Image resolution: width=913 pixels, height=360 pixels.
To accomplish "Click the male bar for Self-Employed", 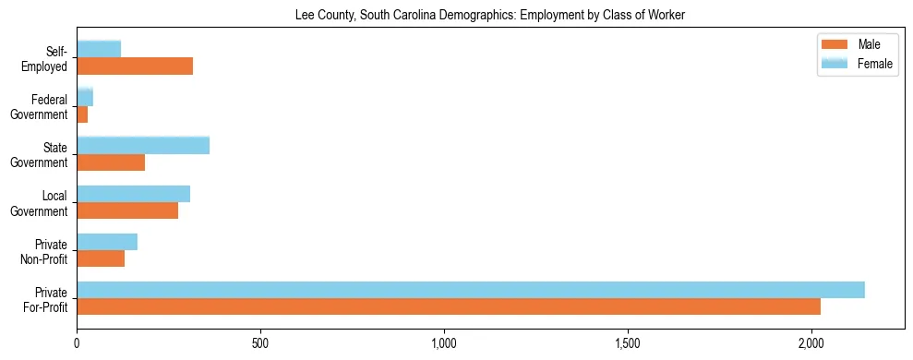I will (x=135, y=66).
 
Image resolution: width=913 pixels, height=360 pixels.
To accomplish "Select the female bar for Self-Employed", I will (x=99, y=49).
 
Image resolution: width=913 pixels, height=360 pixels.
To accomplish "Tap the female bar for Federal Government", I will (x=85, y=97).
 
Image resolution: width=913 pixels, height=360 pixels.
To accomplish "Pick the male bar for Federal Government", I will (x=82, y=114).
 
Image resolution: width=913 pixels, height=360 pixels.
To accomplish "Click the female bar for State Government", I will (x=143, y=145).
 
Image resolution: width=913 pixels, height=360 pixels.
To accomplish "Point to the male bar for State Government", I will (x=111, y=162).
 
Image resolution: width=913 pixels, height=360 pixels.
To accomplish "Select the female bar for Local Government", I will (x=134, y=194).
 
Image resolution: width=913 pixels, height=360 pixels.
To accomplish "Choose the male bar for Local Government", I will (x=127, y=210).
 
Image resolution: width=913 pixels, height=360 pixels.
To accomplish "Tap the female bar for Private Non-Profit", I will (x=107, y=242).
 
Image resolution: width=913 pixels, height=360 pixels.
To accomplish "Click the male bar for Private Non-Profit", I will (x=101, y=258).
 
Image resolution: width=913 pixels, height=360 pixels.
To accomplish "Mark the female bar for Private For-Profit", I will (x=471, y=290).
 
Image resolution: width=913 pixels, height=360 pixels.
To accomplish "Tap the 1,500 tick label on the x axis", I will (x=628, y=343).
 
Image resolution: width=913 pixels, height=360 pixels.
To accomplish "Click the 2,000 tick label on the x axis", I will (x=811, y=343).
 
